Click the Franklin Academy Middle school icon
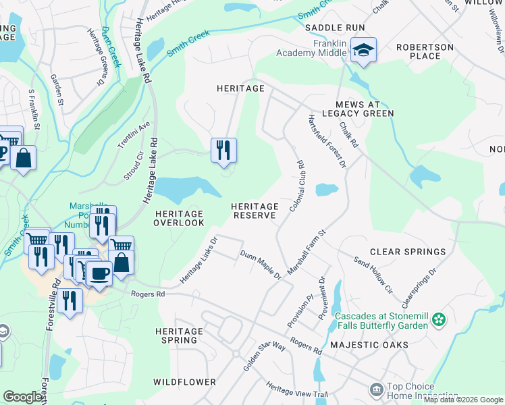point(363,50)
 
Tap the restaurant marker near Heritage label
point(223,149)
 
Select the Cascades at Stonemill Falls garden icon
point(440,319)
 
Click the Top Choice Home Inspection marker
point(375,389)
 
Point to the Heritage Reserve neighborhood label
point(255,211)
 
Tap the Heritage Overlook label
point(179,218)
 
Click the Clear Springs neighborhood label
point(407,252)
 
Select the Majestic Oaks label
point(369,345)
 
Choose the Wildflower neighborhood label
point(184,382)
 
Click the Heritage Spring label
point(179,335)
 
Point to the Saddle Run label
point(335,28)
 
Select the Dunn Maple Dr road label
point(261,264)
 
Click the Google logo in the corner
point(23,397)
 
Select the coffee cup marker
point(99,273)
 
